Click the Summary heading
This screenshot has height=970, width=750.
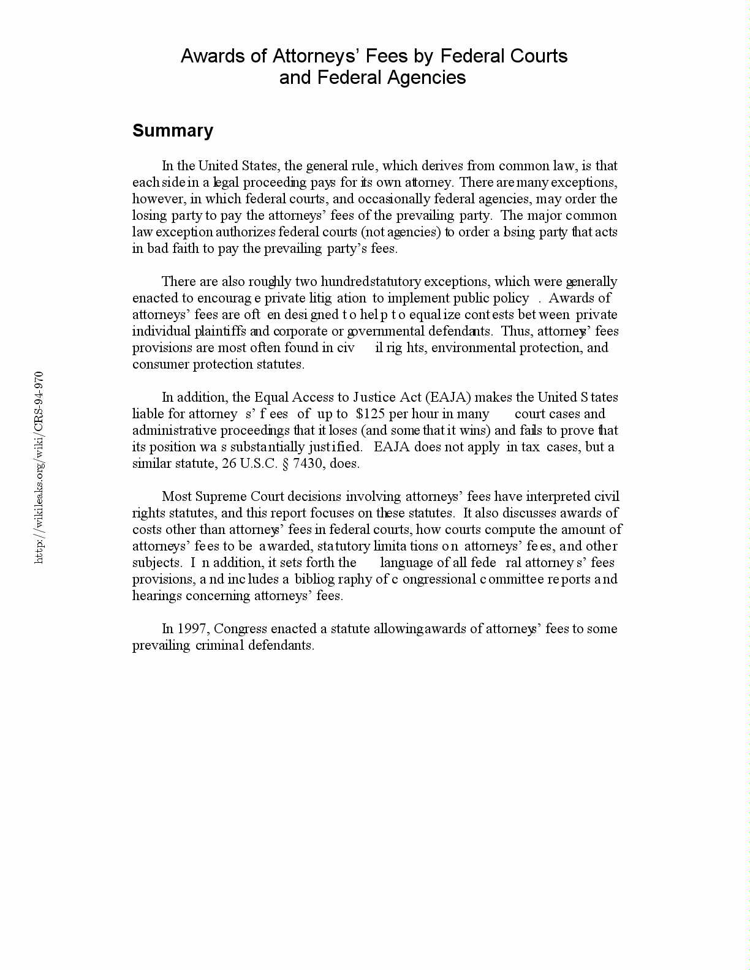(173, 130)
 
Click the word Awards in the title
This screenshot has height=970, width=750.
(206, 56)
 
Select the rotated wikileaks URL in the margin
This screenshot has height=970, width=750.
(39, 467)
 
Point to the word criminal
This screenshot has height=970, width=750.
(219, 645)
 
